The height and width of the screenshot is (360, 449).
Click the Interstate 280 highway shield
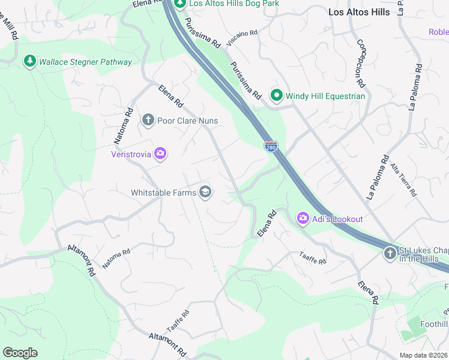pos(271,146)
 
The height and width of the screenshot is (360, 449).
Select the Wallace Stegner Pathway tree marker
pos(29,61)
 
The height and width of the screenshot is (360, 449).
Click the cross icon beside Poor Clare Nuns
pos(148,121)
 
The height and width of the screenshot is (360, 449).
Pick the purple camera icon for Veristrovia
pos(160,154)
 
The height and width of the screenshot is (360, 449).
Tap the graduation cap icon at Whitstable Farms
pos(205,192)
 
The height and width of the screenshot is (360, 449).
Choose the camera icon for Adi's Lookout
pos(303,218)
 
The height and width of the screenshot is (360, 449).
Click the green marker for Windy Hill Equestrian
pos(276,95)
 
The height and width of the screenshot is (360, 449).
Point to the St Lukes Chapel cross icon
pos(389,253)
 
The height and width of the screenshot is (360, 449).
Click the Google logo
pos(20,353)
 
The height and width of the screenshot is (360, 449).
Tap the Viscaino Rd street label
pos(242,38)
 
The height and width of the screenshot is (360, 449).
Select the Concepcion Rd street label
pos(361,64)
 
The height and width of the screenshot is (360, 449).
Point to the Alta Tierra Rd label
pos(403,179)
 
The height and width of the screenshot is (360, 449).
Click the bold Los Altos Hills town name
pos(359,12)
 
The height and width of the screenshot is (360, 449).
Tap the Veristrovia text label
pos(130,154)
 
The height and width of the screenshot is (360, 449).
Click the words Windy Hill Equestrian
pos(325,96)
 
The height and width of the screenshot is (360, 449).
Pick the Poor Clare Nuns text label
pos(187,121)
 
